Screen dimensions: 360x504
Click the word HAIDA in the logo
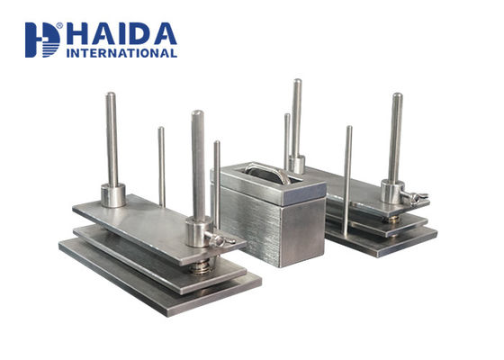pos(121,34)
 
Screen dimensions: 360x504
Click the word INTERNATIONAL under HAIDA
pos(121,53)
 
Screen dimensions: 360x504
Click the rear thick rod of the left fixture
pos(112,139)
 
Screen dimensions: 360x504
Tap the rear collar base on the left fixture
pos(112,194)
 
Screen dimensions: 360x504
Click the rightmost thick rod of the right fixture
pos(395,135)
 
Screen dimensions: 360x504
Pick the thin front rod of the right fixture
pos(347,180)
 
